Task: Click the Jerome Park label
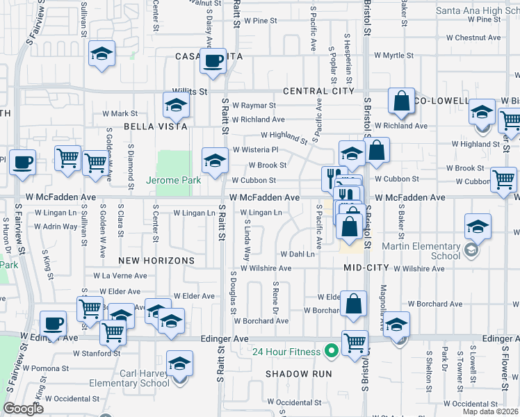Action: click(x=174, y=180)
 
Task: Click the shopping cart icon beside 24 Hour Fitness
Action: click(x=355, y=343)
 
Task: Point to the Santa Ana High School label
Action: click(x=478, y=10)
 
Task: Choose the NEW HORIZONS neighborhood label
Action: click(x=156, y=260)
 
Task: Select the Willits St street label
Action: click(x=190, y=91)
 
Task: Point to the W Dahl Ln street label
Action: click(x=297, y=254)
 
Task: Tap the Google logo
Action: click(x=23, y=409)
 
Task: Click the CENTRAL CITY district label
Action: click(x=318, y=91)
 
